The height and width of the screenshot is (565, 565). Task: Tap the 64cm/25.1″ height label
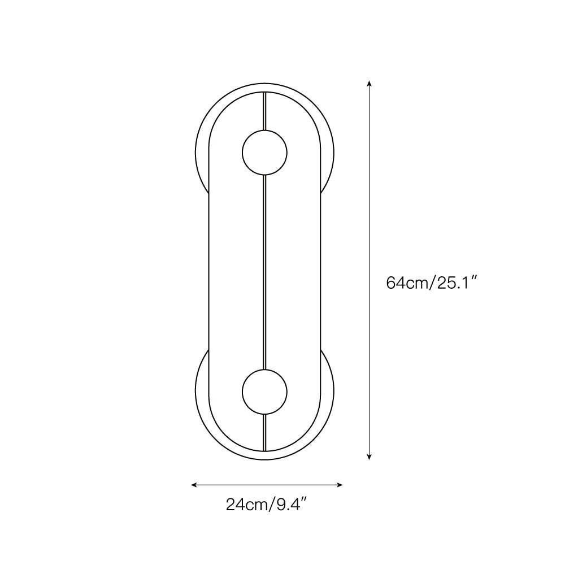[x=432, y=283]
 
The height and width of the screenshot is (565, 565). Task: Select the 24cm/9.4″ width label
[x=266, y=505]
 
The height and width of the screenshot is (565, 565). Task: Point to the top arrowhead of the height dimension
[x=369, y=84]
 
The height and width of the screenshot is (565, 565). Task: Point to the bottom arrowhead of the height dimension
[x=369, y=457]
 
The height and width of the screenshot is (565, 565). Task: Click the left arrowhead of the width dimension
[x=194, y=485]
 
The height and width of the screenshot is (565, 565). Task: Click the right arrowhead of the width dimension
[x=340, y=485]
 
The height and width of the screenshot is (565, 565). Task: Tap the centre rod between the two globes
[x=265, y=272]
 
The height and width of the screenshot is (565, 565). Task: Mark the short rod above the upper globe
[x=265, y=111]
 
